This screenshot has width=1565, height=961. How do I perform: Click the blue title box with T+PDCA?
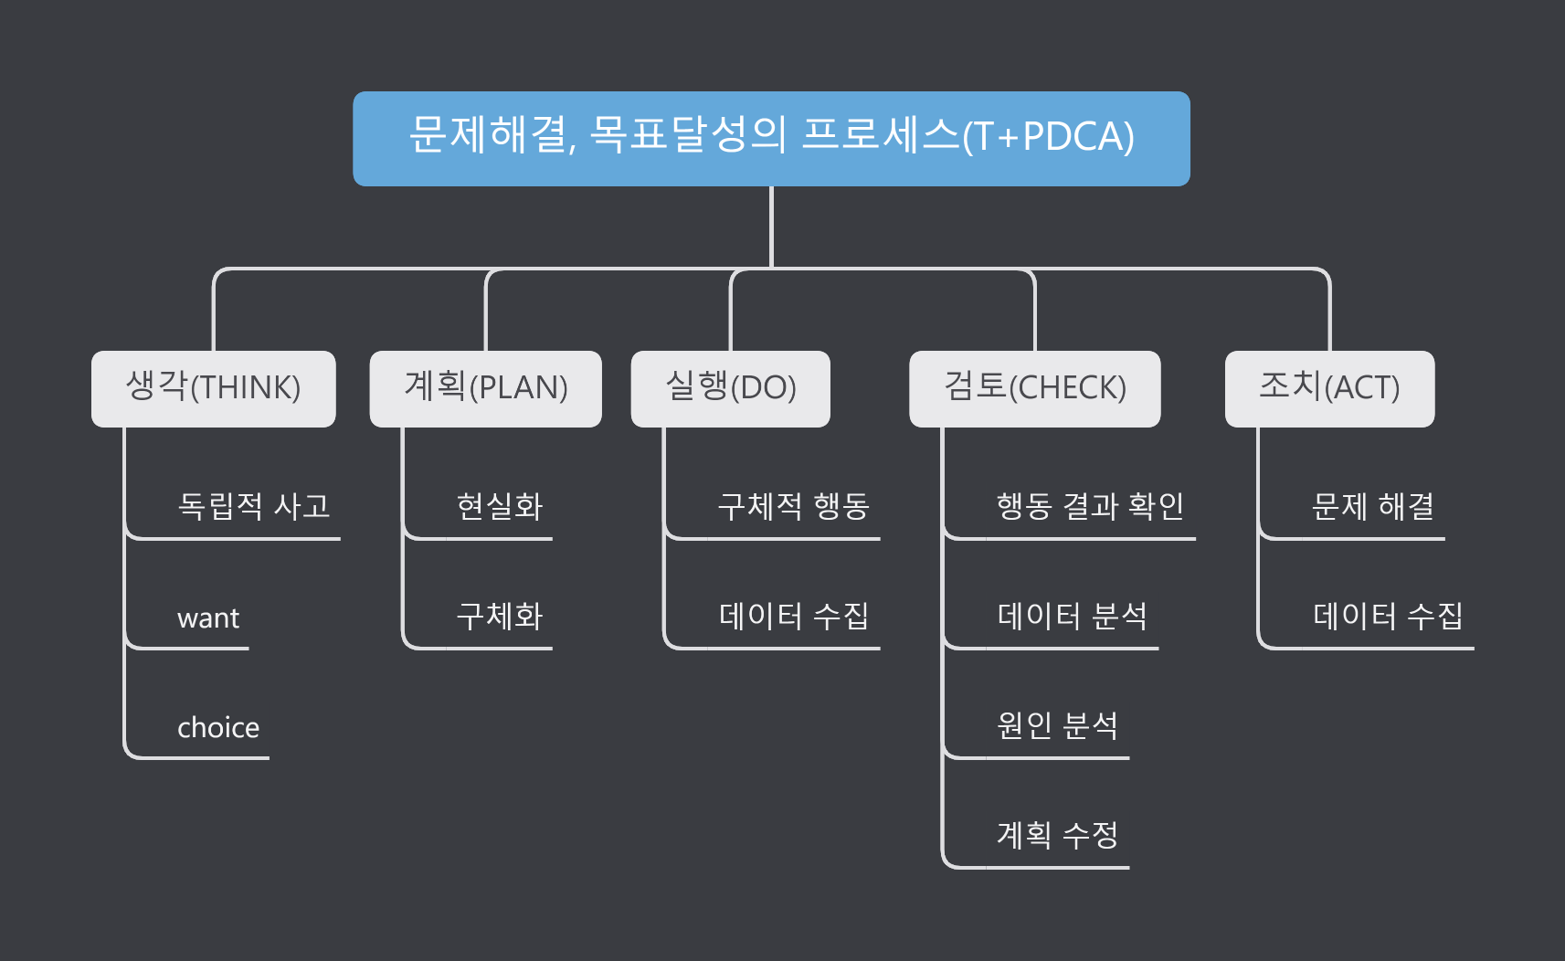pos(771,138)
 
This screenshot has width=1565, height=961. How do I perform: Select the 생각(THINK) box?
pos(213,388)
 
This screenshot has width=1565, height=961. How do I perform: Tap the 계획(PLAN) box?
pos(485,388)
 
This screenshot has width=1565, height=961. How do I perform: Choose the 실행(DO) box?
pos(730,388)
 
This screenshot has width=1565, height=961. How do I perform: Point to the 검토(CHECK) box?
pos(1034,388)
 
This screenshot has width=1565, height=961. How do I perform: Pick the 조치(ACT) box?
pos(1329,388)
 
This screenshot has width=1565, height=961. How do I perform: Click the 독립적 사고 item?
pos(253,506)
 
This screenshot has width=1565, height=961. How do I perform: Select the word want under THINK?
pos(208,618)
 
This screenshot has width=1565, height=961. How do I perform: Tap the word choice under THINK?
pos(218,728)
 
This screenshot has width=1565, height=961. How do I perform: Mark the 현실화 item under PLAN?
pos(500,506)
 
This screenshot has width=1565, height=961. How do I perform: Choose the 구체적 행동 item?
pos(793,506)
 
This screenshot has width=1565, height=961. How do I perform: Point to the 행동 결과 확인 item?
pos(1090,506)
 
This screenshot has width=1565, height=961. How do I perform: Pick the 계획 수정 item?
pos(1057,835)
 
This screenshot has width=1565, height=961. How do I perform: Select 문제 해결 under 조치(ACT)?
pos(1372,506)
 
